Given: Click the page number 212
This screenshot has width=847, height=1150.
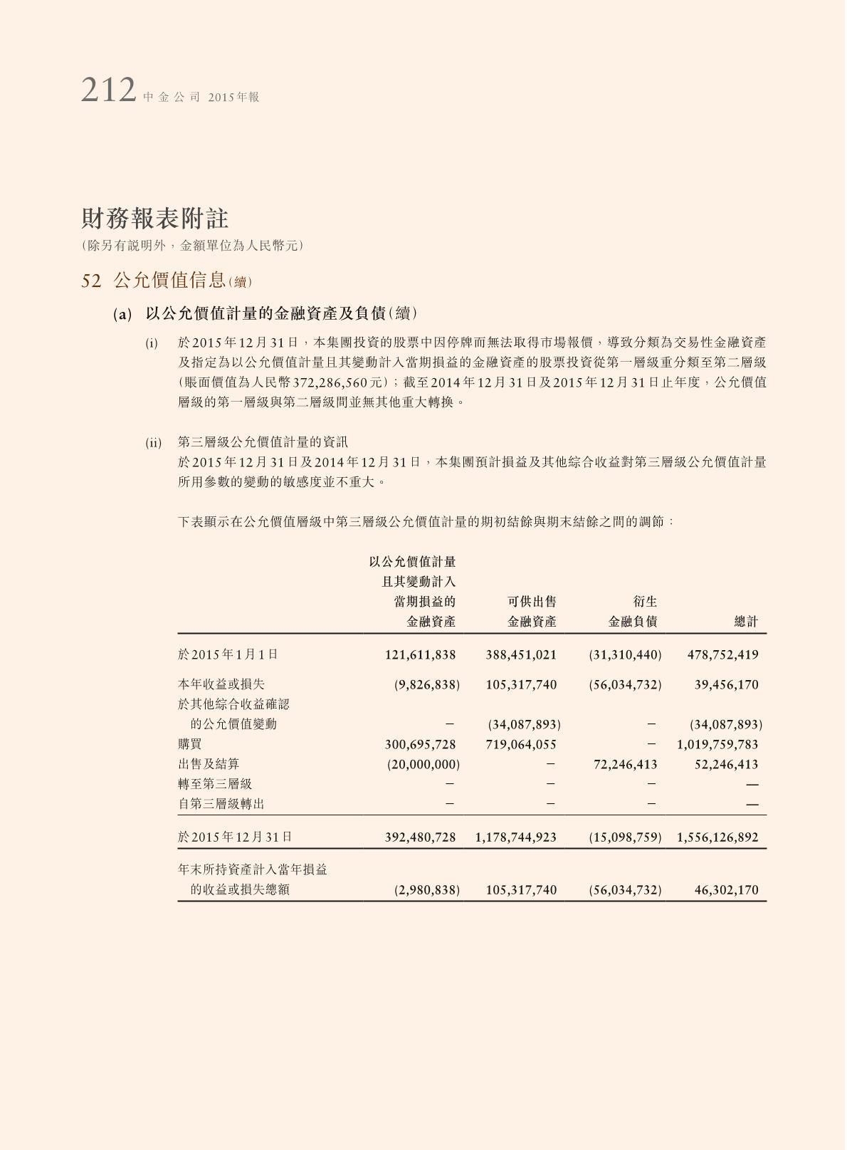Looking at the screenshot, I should tap(108, 91).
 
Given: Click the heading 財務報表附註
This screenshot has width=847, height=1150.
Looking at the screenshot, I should tap(154, 218).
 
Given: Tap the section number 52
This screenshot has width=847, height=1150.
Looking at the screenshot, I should tap(91, 281).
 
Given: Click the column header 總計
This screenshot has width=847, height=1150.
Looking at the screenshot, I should tap(746, 622).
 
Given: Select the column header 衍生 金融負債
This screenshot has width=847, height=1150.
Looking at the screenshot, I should tap(633, 612).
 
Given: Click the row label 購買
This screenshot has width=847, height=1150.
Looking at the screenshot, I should tap(190, 744).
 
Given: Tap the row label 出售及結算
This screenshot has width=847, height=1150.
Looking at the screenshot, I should tap(209, 764).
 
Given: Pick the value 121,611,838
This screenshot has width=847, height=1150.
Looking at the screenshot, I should tap(420, 654).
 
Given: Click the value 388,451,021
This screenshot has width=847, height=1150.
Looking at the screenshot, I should tap(521, 654).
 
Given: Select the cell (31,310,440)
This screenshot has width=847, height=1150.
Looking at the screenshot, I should tap(625, 654).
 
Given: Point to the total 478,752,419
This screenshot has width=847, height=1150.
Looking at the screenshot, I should tap(722, 654).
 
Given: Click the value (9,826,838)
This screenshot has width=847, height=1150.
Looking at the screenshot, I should tap(426, 685).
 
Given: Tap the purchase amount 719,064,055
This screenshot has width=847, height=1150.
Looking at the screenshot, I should tap(521, 744).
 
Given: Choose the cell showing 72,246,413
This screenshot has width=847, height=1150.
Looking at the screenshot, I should tap(625, 764).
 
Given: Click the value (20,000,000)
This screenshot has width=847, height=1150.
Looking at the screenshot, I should tap(423, 764).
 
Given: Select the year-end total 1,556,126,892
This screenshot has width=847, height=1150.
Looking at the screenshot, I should tap(717, 837).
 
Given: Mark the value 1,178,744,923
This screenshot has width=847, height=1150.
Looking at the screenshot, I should tap(515, 837).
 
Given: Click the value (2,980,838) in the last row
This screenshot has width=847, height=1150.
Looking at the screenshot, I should tap(426, 890).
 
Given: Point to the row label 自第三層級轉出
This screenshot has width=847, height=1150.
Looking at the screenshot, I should tap(221, 804).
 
